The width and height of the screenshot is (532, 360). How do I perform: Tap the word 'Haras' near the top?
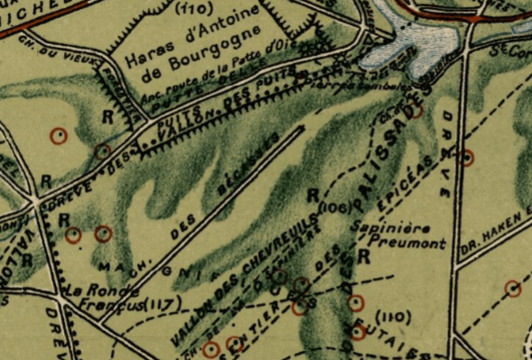click(x=146, y=60)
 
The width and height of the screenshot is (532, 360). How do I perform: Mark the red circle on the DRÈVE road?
click(x=467, y=158)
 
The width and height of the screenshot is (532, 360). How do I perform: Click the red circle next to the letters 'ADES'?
click(x=417, y=111)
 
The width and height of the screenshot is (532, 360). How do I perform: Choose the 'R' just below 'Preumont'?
click(x=364, y=257)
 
